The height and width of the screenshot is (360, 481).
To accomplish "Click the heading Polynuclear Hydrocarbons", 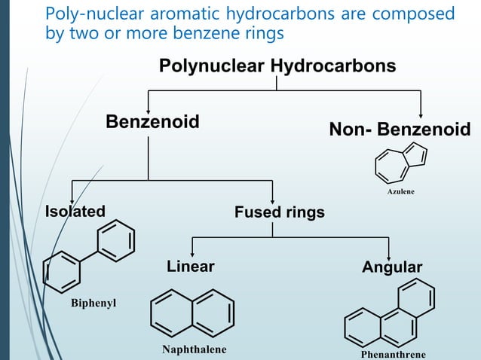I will click(277, 66).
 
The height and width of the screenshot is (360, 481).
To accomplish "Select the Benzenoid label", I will click(152, 121).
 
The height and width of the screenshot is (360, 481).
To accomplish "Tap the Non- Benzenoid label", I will click(400, 130).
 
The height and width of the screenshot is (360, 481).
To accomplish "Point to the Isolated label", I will click(75, 211).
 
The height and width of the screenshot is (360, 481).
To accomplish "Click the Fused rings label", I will click(280, 212).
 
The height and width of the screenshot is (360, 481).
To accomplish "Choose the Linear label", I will click(190, 267).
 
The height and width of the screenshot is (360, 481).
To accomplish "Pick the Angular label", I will click(392, 267).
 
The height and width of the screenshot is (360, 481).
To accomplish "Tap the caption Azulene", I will click(400, 192).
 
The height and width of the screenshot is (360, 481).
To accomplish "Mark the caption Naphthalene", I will click(194, 349).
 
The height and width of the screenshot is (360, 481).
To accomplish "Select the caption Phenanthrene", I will click(393, 354).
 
